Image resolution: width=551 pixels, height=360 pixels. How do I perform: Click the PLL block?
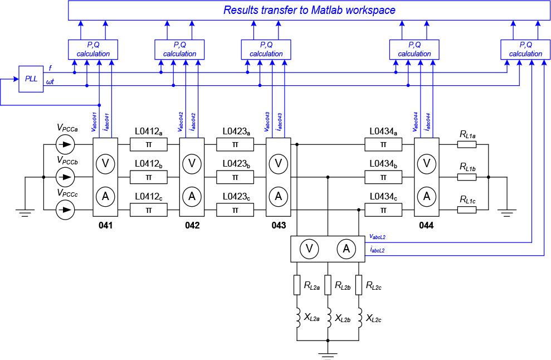click(31, 79)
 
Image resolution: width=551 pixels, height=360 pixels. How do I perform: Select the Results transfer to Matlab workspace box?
click(309, 10)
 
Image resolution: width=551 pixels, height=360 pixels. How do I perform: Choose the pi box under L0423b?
click(235, 177)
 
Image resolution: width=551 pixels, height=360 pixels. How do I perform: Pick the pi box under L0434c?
click(383, 210)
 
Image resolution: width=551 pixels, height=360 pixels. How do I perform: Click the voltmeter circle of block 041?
click(105, 163)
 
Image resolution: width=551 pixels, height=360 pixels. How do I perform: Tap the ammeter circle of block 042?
click(192, 196)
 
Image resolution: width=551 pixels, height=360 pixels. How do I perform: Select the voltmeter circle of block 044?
click(427, 163)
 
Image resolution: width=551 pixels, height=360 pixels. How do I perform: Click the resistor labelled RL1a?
click(467, 145)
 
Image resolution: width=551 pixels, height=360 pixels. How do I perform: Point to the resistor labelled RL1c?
click(467, 210)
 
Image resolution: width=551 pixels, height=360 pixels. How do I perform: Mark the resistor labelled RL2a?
click(297, 285)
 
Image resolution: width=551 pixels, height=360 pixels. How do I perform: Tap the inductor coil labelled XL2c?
click(359, 318)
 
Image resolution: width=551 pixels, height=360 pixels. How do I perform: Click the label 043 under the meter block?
click(279, 226)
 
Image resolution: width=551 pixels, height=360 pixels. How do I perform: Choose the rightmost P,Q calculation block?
click(525, 49)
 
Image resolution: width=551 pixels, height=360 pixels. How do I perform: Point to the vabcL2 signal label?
click(377, 237)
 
